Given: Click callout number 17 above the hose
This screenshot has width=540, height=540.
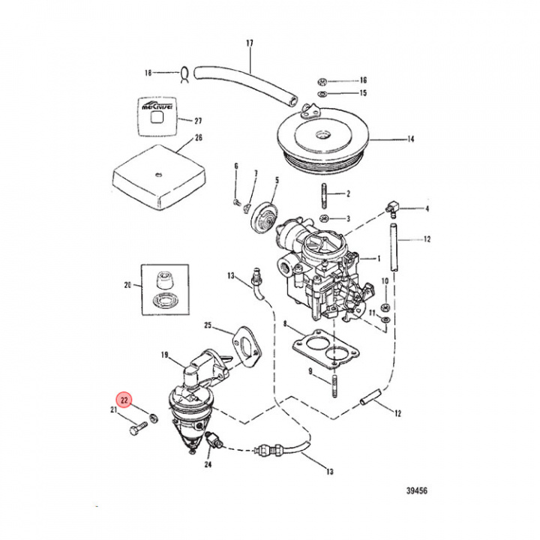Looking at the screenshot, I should tap(250, 44).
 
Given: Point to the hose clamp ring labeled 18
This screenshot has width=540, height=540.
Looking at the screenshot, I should tap(181, 73).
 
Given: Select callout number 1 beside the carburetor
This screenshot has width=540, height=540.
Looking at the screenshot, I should tap(379, 258).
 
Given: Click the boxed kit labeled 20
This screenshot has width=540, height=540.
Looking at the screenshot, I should tap(163, 286).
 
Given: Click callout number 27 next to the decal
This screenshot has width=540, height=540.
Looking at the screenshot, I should tap(198, 121).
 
